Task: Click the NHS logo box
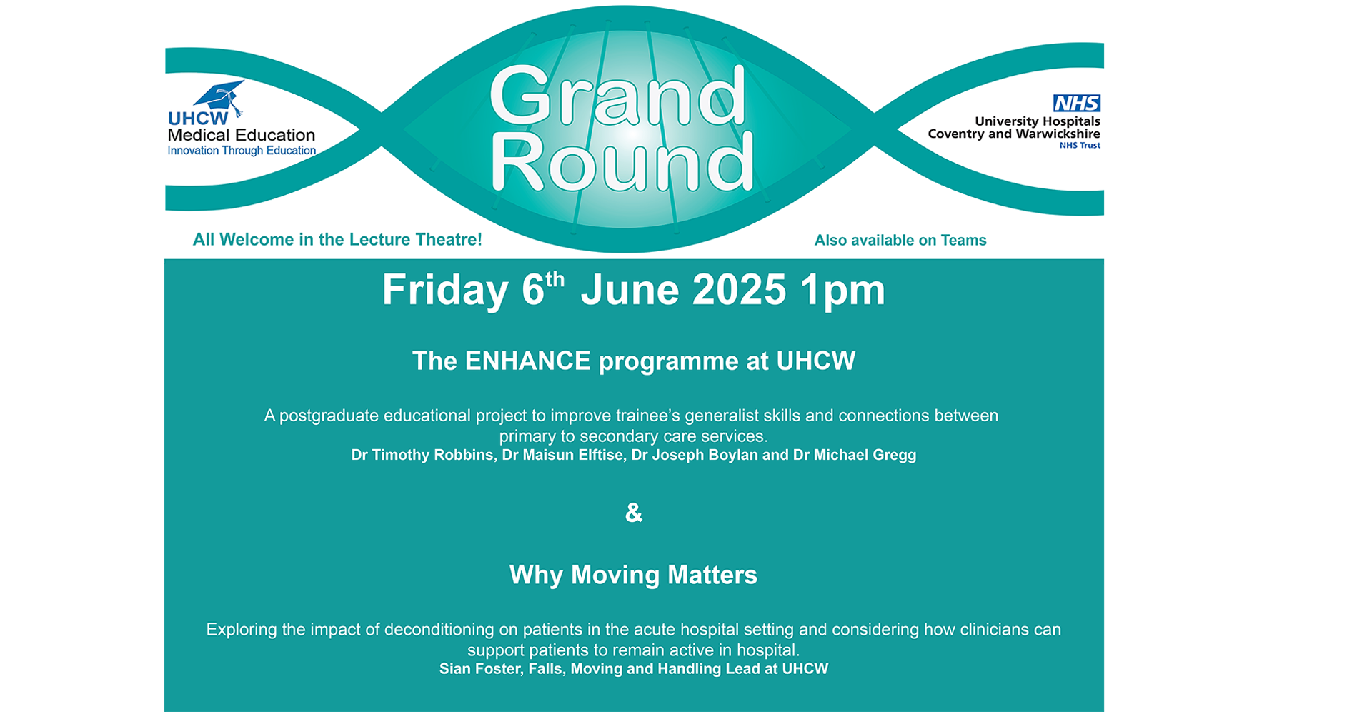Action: click(x=1077, y=103)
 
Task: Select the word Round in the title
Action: click(x=622, y=161)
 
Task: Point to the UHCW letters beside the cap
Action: click(x=198, y=119)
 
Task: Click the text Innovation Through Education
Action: click(x=242, y=151)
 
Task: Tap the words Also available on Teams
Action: click(x=900, y=241)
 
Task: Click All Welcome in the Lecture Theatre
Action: click(x=337, y=240)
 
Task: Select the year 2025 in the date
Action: click(x=739, y=290)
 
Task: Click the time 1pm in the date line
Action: click(x=842, y=291)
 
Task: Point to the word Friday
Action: click(x=444, y=291)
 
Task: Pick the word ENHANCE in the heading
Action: click(x=527, y=361)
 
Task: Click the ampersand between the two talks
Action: click(x=634, y=513)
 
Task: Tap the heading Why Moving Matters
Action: click(x=633, y=575)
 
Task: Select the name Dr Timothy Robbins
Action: click(x=422, y=455)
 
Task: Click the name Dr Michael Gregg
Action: click(x=855, y=455)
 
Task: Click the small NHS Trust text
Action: click(x=1080, y=146)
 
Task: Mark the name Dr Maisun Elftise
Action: click(x=562, y=455)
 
